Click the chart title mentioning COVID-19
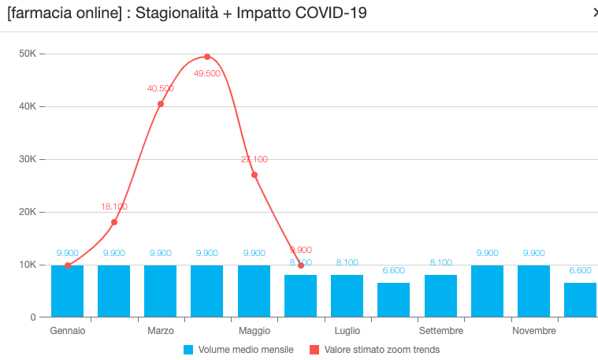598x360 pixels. coord(186,13)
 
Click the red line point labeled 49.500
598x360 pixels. coord(207,57)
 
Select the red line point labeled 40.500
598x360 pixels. coord(161,104)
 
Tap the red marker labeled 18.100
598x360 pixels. coord(114,222)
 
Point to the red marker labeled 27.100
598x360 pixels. coord(254,175)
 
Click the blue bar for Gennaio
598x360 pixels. coord(67,291)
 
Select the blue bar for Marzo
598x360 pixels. coord(161,291)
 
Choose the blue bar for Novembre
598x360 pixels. coord(533,291)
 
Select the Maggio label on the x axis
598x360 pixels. coord(254,331)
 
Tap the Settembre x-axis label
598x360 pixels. coord(440,331)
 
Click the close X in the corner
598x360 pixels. coord(594,12)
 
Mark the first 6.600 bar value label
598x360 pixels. coord(394,270)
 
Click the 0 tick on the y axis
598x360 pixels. coord(32,317)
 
